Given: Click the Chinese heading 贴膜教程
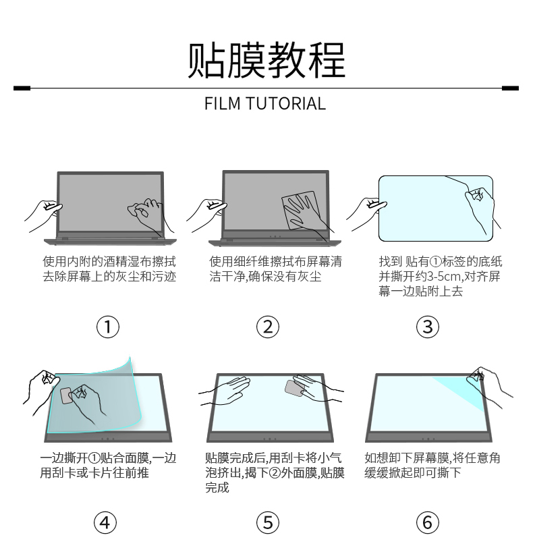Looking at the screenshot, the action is coord(266,61).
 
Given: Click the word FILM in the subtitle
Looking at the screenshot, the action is coord(222,104).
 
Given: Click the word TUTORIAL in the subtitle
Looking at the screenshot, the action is coord(285,104).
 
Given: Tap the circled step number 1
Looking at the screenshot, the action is coord(108,327).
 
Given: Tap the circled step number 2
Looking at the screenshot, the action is coord(268,327).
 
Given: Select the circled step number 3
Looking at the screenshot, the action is coord(427,327).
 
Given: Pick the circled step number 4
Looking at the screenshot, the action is coord(105,522).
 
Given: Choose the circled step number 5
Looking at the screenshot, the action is coord(268,522).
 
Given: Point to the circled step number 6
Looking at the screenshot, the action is coord(427,522).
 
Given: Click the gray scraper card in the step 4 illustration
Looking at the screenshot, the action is coord(66,395).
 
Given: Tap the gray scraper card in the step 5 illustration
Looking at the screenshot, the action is coord(293,388).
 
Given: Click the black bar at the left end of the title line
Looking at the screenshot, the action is coord(22,88).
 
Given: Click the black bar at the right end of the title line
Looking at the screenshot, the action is coord(510,88).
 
